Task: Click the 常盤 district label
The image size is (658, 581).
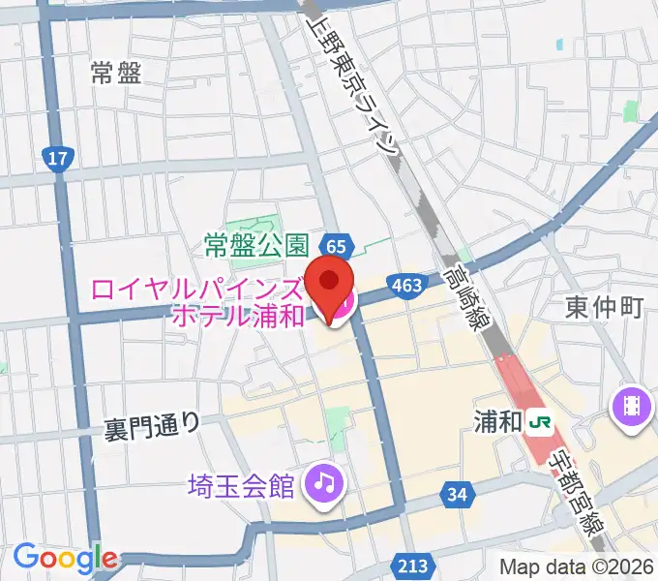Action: click(115, 74)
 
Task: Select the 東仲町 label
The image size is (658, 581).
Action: click(604, 308)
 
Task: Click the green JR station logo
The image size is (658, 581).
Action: click(541, 421)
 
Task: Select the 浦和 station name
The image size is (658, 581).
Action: click(499, 421)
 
